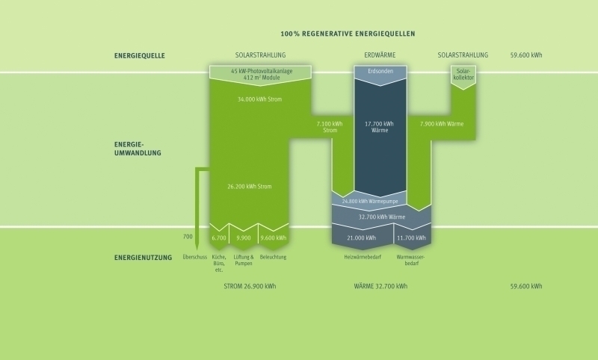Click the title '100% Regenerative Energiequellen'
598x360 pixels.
point(348,34)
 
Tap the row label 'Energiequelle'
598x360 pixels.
point(140,55)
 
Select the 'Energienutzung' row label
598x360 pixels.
point(143,258)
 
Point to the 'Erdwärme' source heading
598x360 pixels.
point(380,55)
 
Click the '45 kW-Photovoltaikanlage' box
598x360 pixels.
point(260,75)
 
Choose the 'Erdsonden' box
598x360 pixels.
point(380,75)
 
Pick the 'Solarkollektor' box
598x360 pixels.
point(463,77)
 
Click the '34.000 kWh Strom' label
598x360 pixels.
point(259,99)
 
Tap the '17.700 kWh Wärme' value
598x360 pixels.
point(379,127)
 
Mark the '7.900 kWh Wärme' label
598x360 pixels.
point(442,124)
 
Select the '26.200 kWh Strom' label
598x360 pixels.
point(250,187)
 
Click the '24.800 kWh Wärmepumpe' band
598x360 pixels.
point(369,201)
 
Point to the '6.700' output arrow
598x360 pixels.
point(219,237)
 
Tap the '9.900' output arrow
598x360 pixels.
point(244,237)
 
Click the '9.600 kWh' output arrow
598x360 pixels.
point(274,237)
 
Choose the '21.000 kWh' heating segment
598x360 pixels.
point(362,237)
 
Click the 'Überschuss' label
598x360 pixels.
point(194,257)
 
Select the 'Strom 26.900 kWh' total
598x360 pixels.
point(250,286)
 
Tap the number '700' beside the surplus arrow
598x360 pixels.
point(188,237)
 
